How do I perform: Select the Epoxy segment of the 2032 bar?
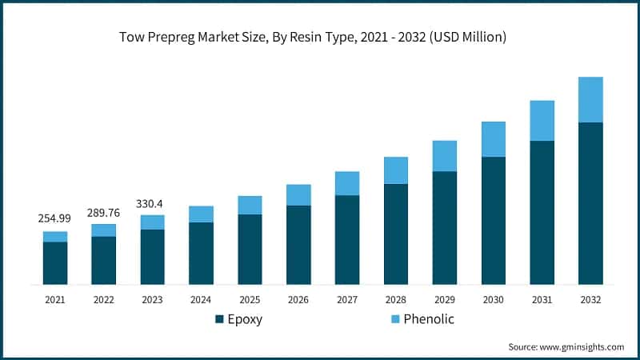pos(590,203)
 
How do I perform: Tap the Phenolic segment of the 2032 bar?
pos(590,99)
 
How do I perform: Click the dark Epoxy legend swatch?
pos(219,320)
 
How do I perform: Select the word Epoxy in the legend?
pos(245,320)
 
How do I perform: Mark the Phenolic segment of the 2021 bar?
pos(55,236)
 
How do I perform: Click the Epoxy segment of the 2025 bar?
pos(250,249)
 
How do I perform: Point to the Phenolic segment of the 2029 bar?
pos(444,156)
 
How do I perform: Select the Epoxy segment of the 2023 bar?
pos(152,256)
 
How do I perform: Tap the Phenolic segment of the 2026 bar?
pos(298,194)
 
